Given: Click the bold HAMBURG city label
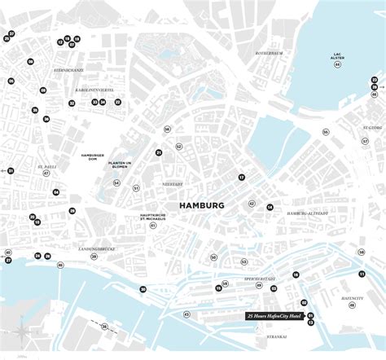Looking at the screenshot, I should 200,206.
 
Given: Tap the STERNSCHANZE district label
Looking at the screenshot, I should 64,72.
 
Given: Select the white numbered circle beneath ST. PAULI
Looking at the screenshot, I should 46,173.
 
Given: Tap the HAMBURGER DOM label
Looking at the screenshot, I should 93,156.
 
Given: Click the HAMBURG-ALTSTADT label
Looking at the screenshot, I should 307,213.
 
